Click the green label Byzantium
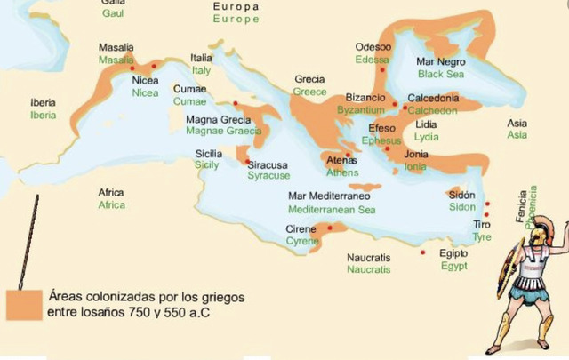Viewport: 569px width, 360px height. point(361,110)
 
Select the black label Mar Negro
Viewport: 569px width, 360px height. point(441,62)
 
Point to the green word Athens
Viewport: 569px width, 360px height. point(342,172)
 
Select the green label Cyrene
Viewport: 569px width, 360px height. point(302,241)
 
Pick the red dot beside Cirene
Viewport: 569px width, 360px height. point(330,228)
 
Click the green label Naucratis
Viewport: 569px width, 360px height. point(368,269)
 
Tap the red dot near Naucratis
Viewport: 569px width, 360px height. point(422,252)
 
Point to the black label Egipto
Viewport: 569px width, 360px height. point(453,252)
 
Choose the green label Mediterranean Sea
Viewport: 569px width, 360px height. point(332,210)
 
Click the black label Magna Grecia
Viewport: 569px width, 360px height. point(218,118)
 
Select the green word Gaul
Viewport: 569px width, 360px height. point(113,14)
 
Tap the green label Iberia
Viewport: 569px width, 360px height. point(43,116)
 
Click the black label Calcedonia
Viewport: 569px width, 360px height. point(433,98)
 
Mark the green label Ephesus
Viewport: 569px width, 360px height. point(383,140)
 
